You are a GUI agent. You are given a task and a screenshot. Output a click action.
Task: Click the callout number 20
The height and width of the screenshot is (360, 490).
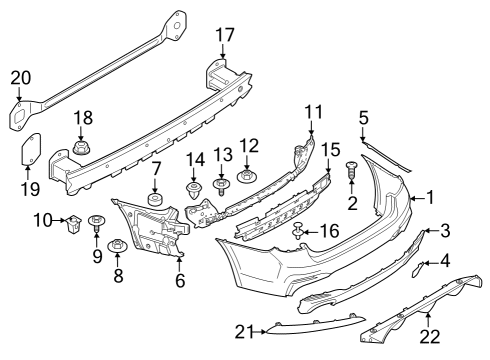tap(21, 78)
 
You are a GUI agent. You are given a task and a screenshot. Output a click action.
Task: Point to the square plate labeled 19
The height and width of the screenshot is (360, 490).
tap(30, 149)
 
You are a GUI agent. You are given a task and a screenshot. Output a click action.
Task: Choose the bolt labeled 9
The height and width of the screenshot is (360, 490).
tap(97, 223)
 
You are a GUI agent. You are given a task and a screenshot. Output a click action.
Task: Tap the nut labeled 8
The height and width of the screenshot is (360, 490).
tap(117, 243)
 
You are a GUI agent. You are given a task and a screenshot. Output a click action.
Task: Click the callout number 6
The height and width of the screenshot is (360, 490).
tap(181, 283)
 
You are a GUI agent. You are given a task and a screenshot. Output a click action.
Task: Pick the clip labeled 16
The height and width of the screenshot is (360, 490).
tap(298, 234)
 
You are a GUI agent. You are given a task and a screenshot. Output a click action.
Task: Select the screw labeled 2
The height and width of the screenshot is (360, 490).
tap(352, 174)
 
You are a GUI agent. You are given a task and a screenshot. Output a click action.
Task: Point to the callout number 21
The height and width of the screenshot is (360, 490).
tap(245, 330)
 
